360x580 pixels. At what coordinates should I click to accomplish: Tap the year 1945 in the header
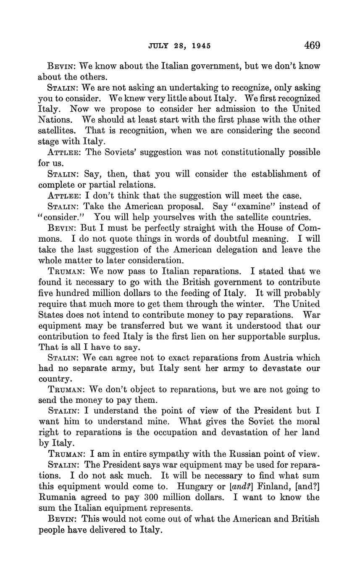click(200, 46)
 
